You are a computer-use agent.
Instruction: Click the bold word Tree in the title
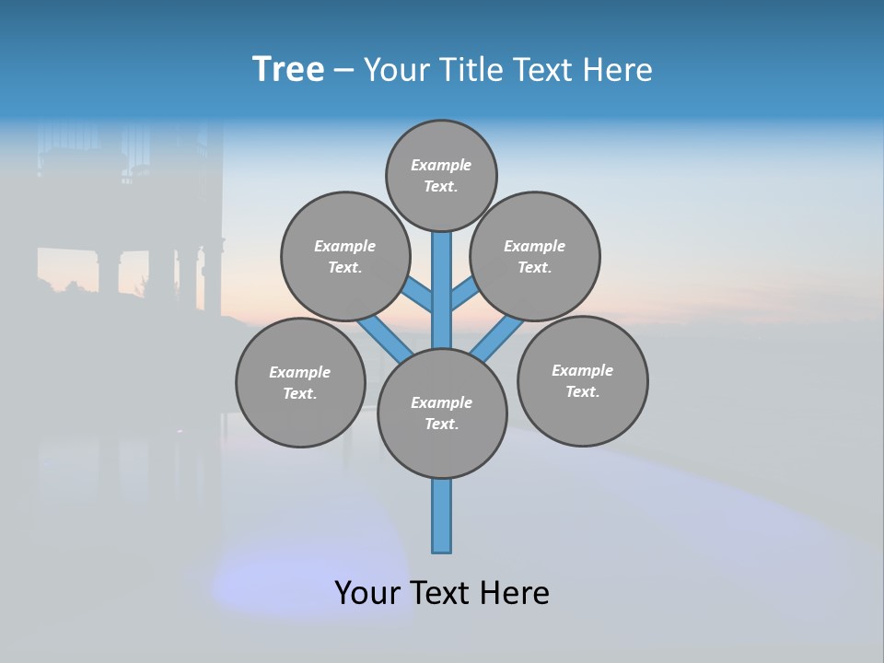288,70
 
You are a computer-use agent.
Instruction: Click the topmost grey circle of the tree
441,175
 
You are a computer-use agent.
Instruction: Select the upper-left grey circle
344,256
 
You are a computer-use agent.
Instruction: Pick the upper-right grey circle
535,256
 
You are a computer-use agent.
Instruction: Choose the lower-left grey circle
300,382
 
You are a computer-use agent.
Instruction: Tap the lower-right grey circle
582,380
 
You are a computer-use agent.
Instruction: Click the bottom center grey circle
442,413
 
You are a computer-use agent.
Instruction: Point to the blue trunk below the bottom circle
442,516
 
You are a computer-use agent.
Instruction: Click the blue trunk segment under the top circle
442,285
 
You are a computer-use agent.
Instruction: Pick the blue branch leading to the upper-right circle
464,295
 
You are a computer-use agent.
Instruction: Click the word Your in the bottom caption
366,593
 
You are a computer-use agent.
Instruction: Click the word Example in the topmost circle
441,165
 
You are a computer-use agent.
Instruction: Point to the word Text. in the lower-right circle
582,391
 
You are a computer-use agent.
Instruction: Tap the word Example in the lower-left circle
300,372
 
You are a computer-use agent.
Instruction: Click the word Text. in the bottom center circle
441,424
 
